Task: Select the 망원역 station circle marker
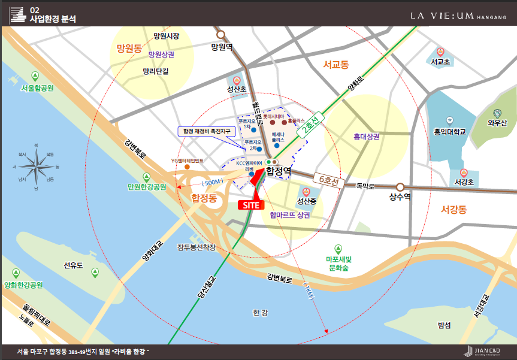click(221, 35)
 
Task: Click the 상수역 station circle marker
click(400, 186)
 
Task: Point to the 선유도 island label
click(73, 264)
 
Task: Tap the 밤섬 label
click(444, 325)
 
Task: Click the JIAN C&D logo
click(481, 351)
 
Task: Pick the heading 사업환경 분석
click(52, 19)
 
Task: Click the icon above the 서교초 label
click(440, 52)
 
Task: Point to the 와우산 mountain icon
click(497, 113)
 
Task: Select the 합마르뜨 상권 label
click(289, 215)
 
